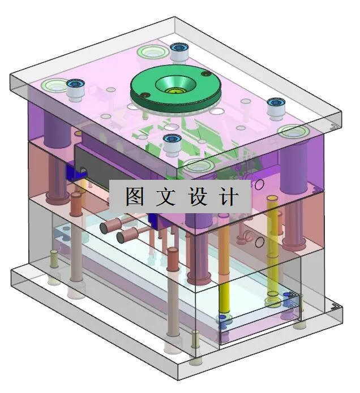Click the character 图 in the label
click(x=134, y=197)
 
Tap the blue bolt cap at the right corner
click(x=276, y=104)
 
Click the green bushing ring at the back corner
click(x=152, y=53)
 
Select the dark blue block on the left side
click(x=72, y=171)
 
